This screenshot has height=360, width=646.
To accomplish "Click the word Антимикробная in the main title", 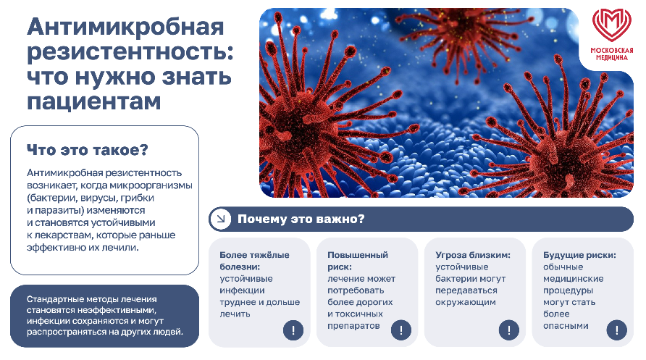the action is point(126,28).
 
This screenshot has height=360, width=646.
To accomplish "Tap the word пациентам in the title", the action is point(94,101).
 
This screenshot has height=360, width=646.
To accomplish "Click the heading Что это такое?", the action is point(88,150).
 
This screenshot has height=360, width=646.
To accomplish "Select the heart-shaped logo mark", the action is point(612,25).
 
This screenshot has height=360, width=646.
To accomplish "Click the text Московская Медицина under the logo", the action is point(612,54).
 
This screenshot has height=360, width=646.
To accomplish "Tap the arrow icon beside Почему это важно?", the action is point(221,219).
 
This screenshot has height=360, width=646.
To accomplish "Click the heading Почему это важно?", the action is point(301,219).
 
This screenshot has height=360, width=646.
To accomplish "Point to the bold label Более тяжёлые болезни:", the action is point(254,261).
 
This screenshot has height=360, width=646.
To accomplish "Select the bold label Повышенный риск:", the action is point(358,261).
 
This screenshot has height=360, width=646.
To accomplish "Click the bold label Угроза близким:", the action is point(473,255).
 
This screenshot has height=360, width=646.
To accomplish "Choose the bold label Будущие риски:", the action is point(579,255).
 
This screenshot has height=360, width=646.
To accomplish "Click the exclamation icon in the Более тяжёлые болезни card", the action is point(293,330).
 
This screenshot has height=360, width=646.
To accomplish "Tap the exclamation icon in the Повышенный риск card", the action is point(401,330).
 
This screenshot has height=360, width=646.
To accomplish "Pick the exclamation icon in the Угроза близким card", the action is point(509,330).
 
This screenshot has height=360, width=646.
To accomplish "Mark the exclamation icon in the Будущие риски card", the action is point(617,330).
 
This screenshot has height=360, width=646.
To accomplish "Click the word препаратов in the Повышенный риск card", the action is point(353,326).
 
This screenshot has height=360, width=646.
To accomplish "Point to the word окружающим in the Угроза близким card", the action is point(466,302).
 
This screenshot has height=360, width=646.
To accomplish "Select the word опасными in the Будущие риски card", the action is point(566,326).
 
